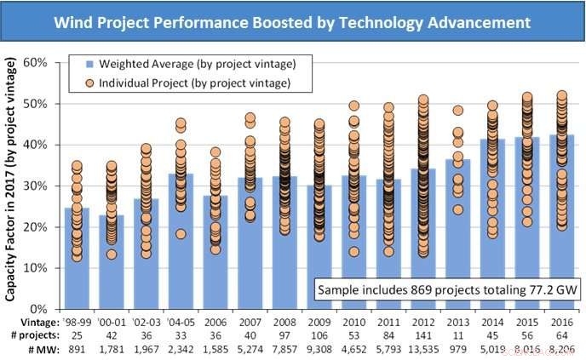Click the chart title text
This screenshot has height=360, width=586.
point(292,20)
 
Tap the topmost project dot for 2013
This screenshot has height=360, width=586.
point(457,111)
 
